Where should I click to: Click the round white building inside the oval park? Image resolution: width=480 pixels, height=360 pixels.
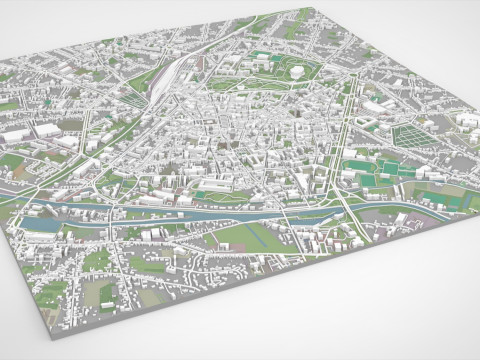point(297,71)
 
